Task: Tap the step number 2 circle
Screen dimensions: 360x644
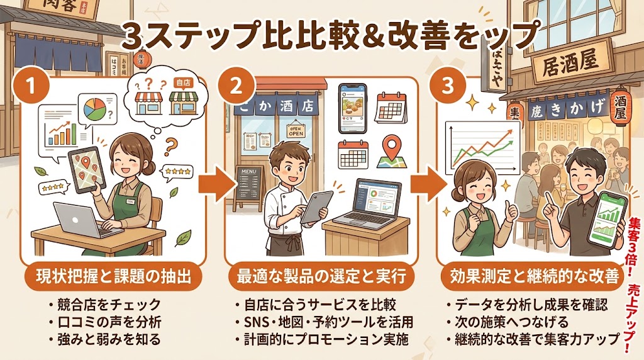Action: [x=236, y=87]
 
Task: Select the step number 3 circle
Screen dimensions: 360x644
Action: [x=449, y=87]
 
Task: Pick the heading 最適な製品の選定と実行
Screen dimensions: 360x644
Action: [x=322, y=276]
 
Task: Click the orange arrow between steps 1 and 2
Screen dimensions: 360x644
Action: [x=211, y=184]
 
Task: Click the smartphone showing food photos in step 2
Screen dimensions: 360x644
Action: [x=352, y=107]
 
